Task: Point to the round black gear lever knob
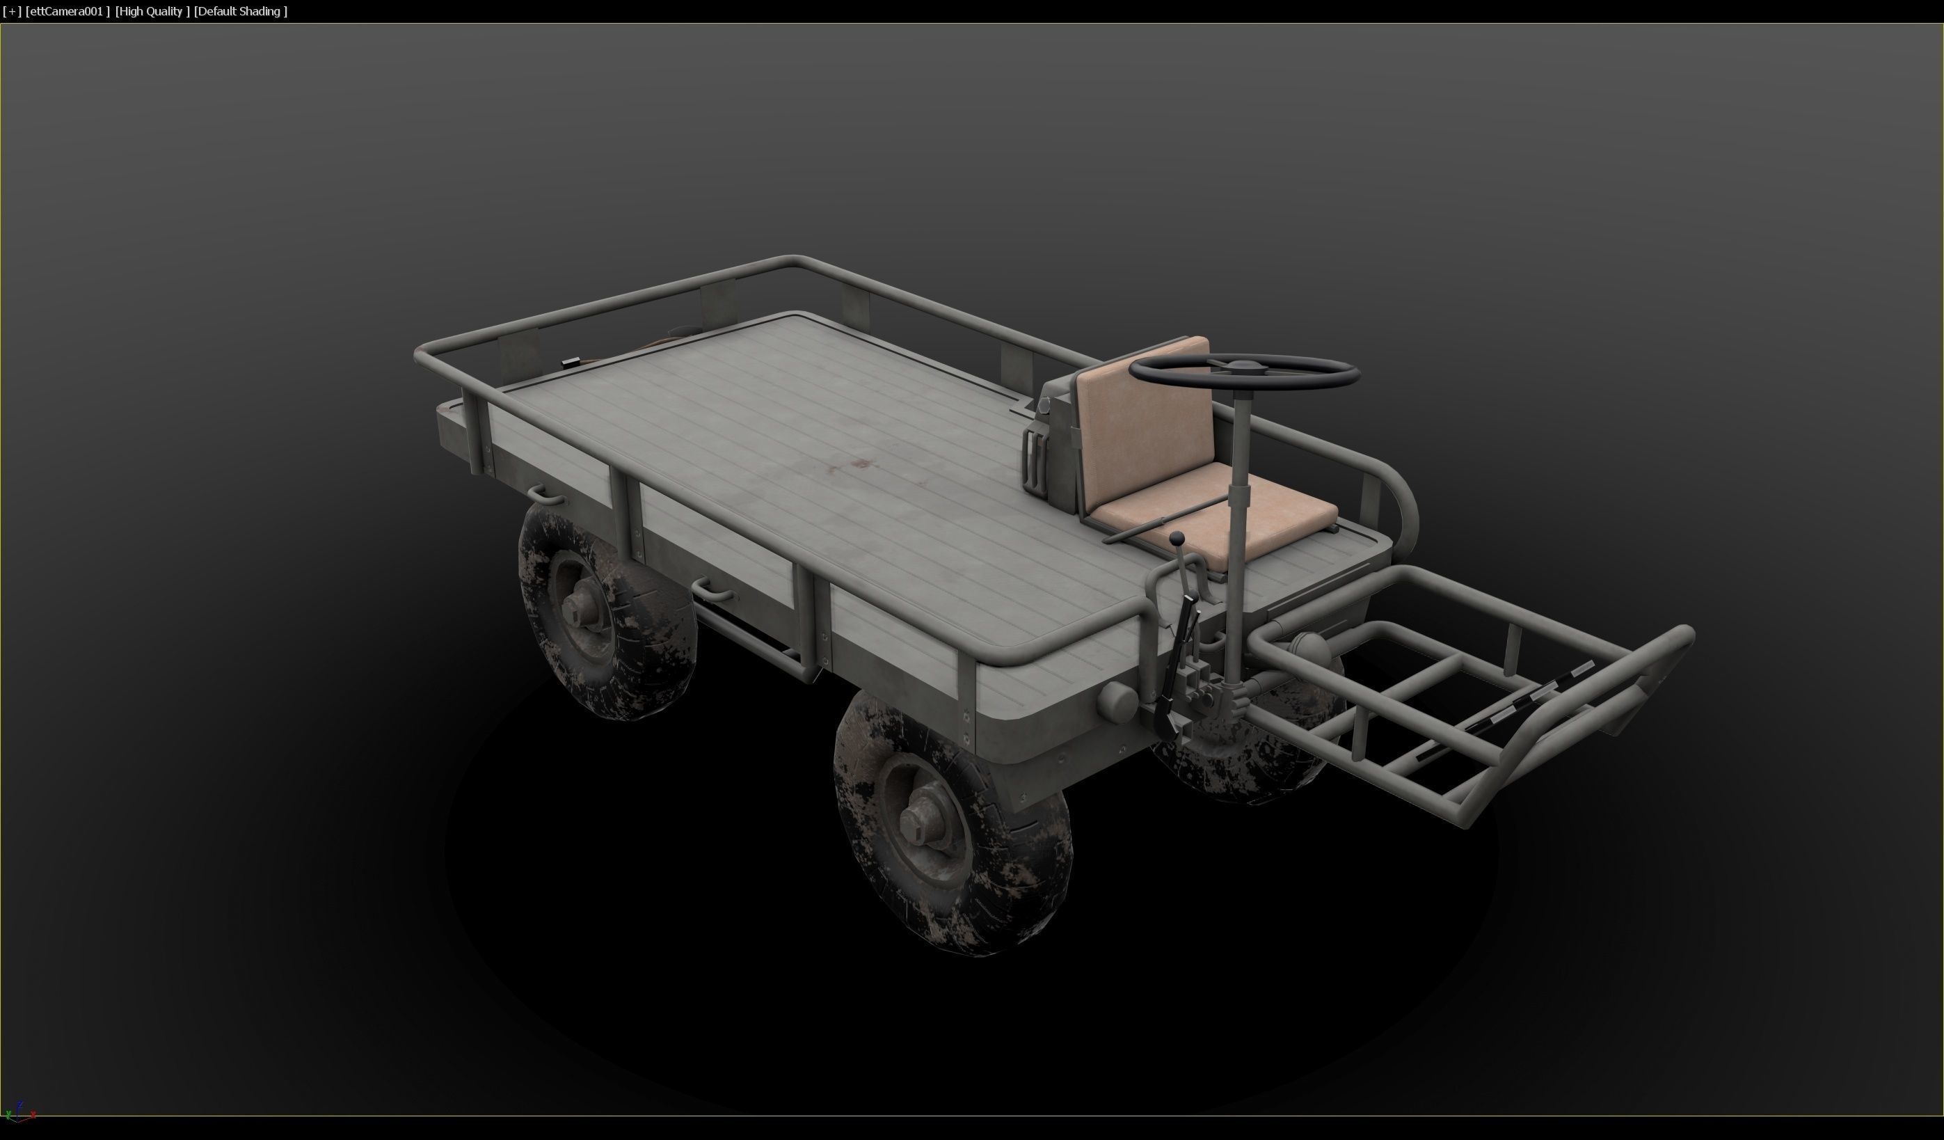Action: click(x=1176, y=537)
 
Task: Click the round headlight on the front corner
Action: click(x=1116, y=699)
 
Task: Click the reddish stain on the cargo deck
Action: click(x=861, y=464)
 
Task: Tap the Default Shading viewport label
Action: click(x=241, y=12)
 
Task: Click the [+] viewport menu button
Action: click(x=12, y=12)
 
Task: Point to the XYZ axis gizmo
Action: click(x=19, y=1112)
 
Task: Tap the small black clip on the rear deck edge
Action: click(x=571, y=361)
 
